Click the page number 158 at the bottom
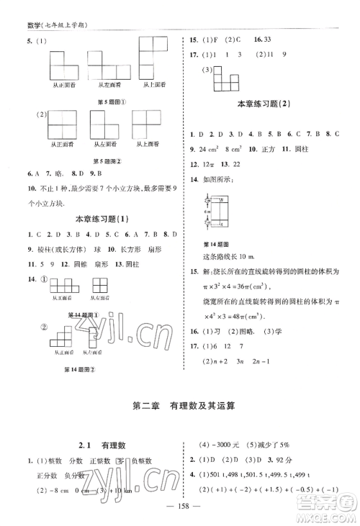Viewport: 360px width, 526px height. click(179, 515)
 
